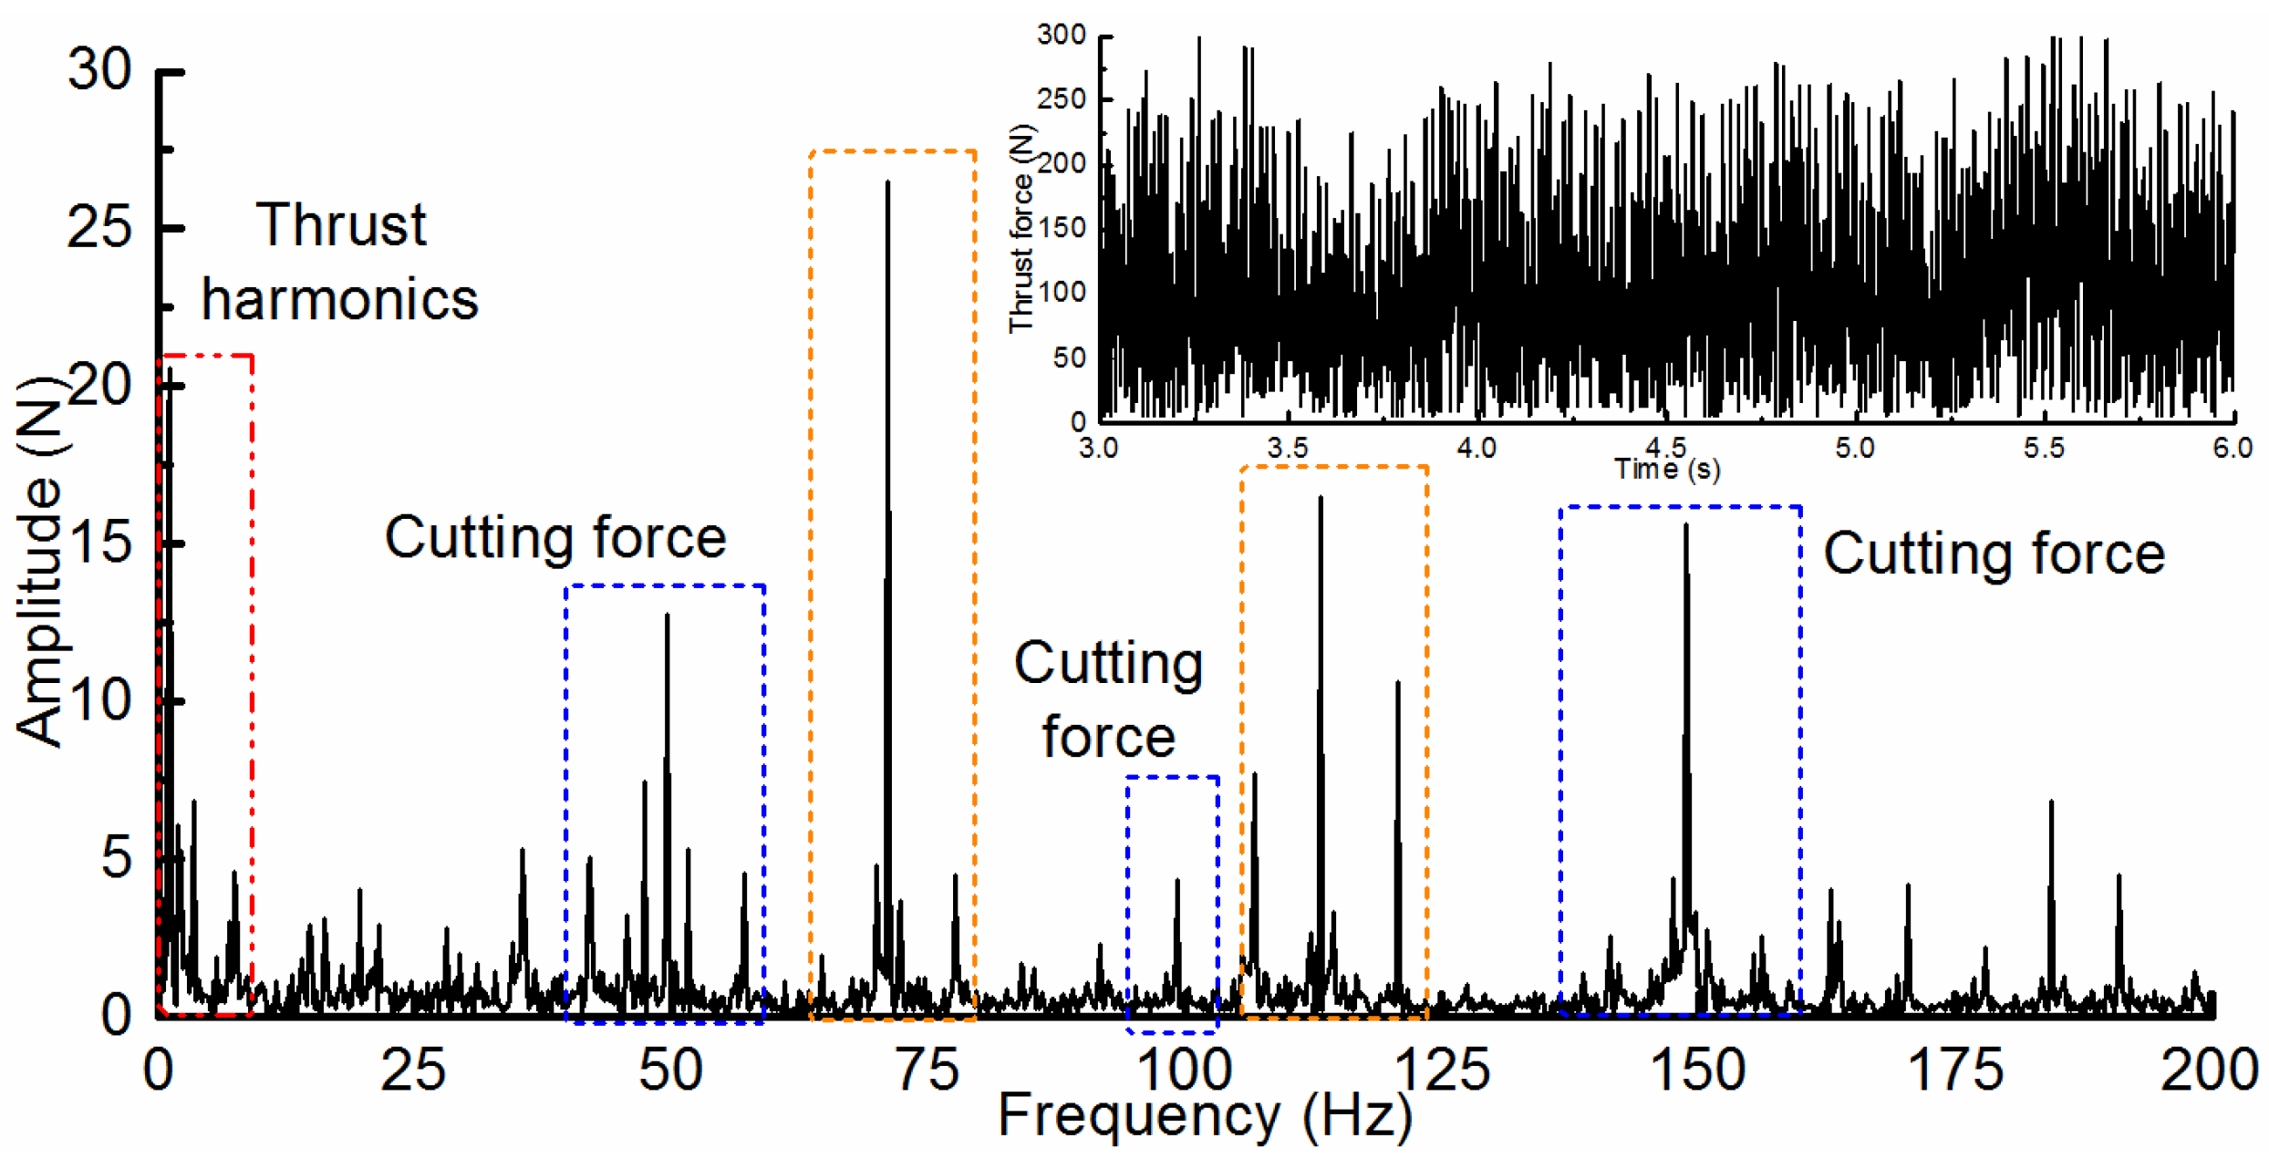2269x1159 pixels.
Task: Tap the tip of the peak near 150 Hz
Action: pos(1685,527)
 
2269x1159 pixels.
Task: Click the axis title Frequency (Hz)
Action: pos(1205,1115)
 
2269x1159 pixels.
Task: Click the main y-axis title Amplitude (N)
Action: pos(38,561)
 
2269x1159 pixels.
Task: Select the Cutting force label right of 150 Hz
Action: pos(1994,554)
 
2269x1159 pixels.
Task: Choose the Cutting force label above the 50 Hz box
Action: pos(554,537)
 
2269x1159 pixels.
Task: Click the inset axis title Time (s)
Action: pos(1667,470)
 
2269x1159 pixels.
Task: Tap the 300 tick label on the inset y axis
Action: pos(1062,35)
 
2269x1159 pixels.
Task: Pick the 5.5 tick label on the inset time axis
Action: pos(2043,448)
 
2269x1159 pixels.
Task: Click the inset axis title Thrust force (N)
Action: pos(1022,228)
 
